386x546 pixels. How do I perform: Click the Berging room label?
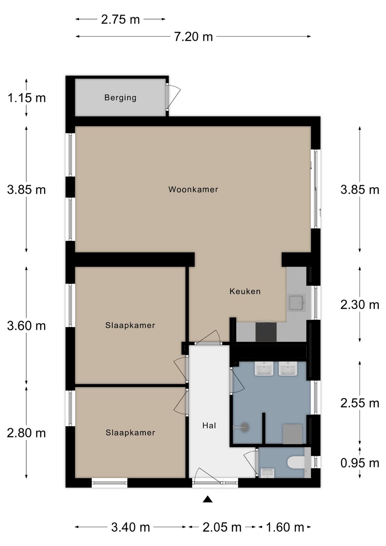120,98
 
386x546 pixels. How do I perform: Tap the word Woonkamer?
193,189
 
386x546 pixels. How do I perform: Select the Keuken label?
245,291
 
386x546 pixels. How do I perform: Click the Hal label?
209,425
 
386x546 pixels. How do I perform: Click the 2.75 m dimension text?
120,19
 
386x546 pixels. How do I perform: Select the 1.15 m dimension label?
26,98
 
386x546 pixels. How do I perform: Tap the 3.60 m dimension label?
26,326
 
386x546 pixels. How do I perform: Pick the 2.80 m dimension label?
26,433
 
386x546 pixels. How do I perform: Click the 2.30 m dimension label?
360,305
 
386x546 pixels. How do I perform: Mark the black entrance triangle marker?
208,499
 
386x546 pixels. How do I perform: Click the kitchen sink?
296,303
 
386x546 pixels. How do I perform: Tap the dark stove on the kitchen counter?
266,331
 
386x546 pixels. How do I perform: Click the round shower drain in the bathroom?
245,427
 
